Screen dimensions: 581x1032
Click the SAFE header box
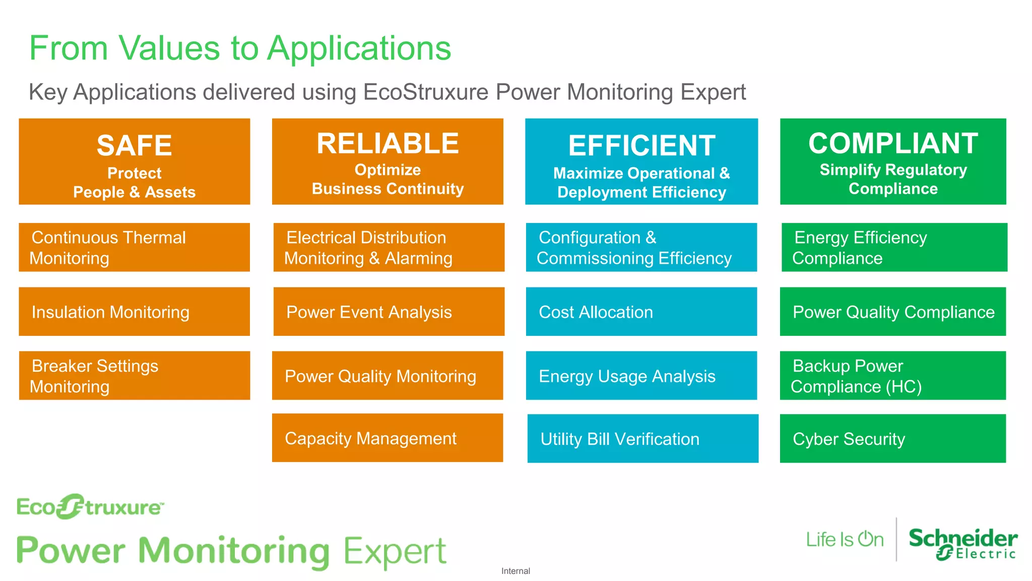[x=134, y=161]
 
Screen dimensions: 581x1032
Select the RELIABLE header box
[x=388, y=161]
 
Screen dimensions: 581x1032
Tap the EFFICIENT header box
[x=641, y=161]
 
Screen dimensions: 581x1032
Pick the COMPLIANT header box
[x=893, y=161]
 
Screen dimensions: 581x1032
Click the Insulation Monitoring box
[x=134, y=312]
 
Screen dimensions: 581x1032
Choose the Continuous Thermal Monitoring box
[x=134, y=248]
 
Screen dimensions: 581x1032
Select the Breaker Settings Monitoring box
[x=134, y=376]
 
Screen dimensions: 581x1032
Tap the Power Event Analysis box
[x=389, y=312]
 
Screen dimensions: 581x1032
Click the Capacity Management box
[x=388, y=438]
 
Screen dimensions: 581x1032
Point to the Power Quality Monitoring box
[x=388, y=376]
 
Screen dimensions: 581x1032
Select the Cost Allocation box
[x=641, y=312]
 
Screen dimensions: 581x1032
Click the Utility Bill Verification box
[x=642, y=438]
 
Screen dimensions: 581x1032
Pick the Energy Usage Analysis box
[x=641, y=376]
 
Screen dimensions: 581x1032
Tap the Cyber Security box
[x=892, y=438]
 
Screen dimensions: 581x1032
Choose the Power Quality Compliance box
[x=892, y=312]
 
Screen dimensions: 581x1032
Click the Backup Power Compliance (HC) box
[x=892, y=376]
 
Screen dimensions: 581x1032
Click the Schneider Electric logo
[x=962, y=544]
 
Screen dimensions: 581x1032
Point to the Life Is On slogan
[x=845, y=540]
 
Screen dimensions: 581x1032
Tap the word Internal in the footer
[x=515, y=571]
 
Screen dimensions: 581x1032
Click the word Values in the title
[x=169, y=48]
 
